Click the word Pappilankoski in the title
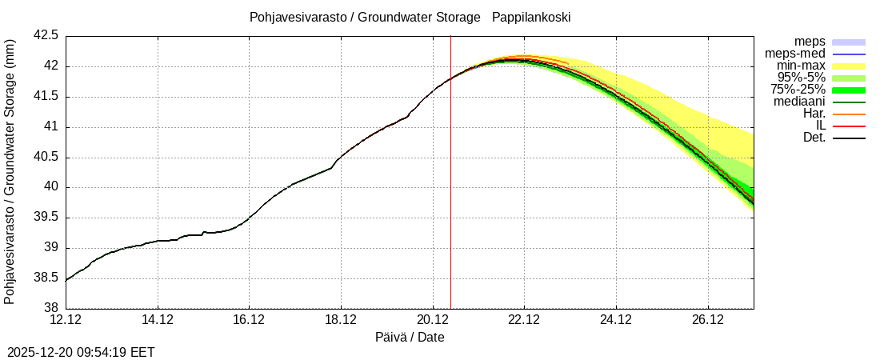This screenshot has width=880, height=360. click(531, 17)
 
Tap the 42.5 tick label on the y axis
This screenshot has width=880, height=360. click(46, 36)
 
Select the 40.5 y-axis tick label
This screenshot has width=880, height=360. click(46, 157)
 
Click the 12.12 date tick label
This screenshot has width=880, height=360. click(66, 320)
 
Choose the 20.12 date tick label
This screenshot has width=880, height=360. click(433, 320)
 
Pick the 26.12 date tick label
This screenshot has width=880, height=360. click(708, 320)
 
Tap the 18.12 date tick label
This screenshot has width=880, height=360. click(341, 320)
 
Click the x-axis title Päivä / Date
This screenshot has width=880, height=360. click(410, 337)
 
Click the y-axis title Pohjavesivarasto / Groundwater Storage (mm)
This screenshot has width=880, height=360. click(10, 171)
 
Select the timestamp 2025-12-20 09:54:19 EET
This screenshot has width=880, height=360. click(81, 352)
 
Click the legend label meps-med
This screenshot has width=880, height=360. click(795, 54)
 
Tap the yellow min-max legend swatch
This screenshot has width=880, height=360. click(849, 66)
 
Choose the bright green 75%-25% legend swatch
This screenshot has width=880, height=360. click(849, 90)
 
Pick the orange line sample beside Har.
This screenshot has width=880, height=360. click(849, 114)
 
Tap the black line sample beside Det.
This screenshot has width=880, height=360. click(849, 138)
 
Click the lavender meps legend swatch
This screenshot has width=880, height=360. click(849, 42)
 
